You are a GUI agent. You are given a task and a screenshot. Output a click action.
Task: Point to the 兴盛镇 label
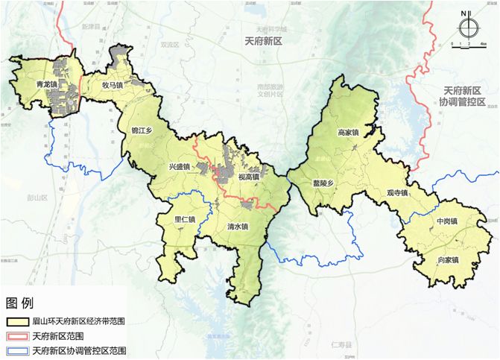click(180, 166)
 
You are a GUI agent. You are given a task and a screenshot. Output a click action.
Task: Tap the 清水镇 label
click(238, 227)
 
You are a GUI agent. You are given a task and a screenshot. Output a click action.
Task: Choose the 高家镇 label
click(349, 133)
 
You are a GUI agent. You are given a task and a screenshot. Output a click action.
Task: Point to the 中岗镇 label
click(447, 221)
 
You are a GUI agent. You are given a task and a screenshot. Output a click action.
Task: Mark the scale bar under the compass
click(467, 43)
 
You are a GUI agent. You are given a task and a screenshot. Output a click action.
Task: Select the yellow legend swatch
click(16, 321)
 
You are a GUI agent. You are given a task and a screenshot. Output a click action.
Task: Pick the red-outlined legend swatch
click(16, 335)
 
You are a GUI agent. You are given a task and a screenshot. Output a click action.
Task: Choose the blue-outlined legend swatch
click(16, 350)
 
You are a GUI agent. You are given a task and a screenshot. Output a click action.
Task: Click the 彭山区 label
click(36, 198)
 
